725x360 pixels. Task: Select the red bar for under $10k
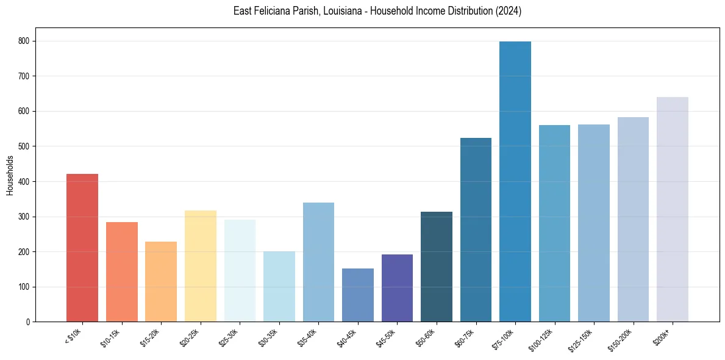tap(82, 248)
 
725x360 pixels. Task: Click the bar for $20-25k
tap(201, 266)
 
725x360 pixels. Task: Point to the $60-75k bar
tap(476, 229)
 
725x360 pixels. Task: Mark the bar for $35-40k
tap(318, 262)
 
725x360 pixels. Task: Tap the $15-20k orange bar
tap(161, 281)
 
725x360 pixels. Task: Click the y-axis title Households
tap(10, 175)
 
